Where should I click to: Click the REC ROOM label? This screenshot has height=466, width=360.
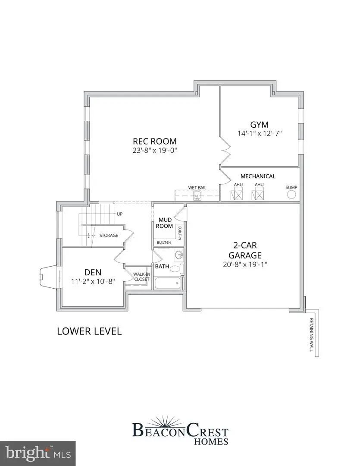pyautogui.click(x=154, y=141)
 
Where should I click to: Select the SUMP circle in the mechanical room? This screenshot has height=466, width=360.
pyautogui.click(x=291, y=195)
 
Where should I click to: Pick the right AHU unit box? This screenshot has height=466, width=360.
pyautogui.click(x=259, y=195)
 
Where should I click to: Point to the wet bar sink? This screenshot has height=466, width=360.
pyautogui.click(x=197, y=197)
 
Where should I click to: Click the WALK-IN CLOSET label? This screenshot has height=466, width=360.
pyautogui.click(x=141, y=277)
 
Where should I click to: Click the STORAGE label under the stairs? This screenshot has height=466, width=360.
pyautogui.click(x=109, y=236)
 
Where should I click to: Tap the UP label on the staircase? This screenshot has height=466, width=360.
pyautogui.click(x=119, y=214)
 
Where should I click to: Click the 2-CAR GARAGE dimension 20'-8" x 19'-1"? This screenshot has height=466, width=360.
pyautogui.click(x=245, y=264)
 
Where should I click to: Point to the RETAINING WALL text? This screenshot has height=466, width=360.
pyautogui.click(x=311, y=335)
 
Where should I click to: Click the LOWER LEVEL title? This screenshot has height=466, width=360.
pyautogui.click(x=89, y=331)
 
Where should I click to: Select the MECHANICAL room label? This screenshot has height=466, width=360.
pyautogui.click(x=258, y=176)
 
